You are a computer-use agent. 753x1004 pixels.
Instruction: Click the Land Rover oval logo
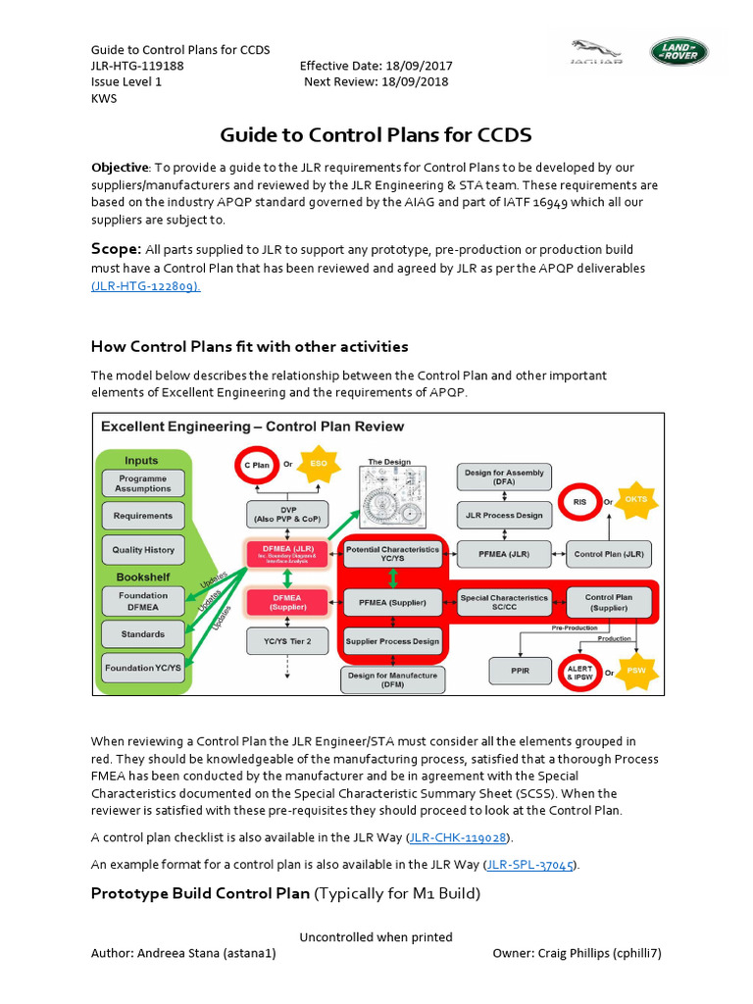678,51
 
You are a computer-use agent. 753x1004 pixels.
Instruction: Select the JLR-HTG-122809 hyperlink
145,285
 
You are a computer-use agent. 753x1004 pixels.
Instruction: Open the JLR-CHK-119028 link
459,837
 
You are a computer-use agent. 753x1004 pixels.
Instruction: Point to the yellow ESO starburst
319,463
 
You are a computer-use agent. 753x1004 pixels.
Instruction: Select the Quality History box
142,550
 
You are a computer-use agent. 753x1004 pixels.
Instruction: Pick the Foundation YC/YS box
143,669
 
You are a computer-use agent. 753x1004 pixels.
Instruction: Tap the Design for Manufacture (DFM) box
392,678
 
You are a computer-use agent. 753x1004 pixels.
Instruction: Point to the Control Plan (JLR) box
609,554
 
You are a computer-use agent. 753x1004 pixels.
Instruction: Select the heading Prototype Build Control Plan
200,893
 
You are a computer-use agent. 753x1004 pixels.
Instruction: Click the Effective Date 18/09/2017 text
376,66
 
